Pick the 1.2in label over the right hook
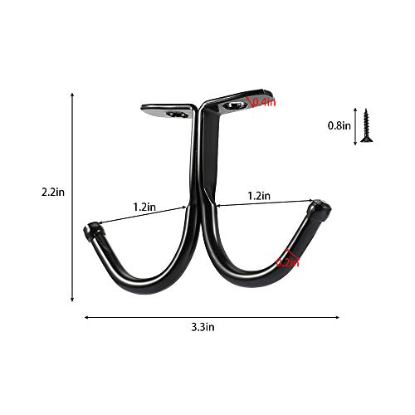click(258, 195)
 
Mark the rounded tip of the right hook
click(320, 207)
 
